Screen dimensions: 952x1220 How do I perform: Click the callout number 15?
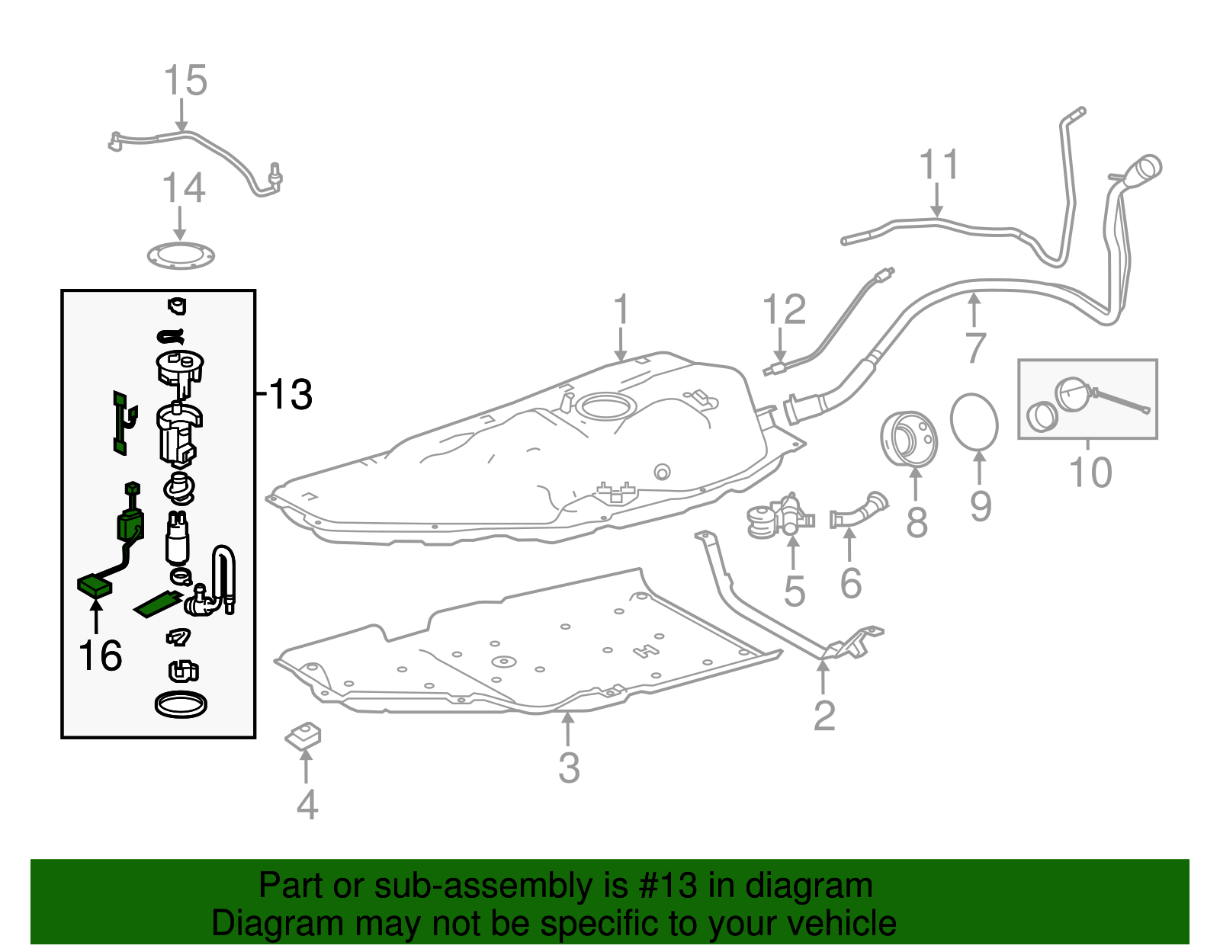coord(185,80)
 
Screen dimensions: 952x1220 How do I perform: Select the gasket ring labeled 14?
coord(181,257)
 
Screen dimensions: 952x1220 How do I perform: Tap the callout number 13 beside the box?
coord(290,395)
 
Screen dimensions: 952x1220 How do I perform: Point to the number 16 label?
coord(100,656)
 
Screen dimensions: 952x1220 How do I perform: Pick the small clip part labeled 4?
coord(303,736)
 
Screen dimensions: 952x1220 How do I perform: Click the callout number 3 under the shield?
coord(569,768)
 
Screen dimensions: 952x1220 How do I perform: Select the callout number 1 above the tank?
coord(621,310)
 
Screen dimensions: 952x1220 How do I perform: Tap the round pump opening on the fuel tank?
coord(606,405)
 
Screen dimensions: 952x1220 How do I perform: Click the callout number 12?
coord(784,310)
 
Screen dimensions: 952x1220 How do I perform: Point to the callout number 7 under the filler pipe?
coord(975,348)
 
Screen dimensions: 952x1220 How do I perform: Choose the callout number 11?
coord(939,165)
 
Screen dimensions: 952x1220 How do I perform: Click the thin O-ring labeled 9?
coord(974,422)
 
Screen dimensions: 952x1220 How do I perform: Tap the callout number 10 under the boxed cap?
coord(1090,473)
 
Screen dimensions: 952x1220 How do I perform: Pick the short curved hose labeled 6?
coord(859,511)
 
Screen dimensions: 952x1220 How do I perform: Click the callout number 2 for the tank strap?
coord(824,715)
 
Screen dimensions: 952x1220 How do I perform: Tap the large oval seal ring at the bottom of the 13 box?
coord(181,704)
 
